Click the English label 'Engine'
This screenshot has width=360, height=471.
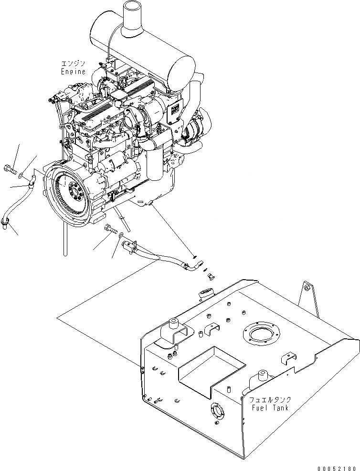(x=73, y=72)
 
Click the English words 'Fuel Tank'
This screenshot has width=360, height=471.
(x=269, y=408)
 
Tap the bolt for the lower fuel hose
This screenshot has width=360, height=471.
(x=110, y=230)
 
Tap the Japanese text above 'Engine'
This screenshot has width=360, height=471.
(x=73, y=63)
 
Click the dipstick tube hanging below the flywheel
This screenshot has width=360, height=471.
(x=62, y=239)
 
